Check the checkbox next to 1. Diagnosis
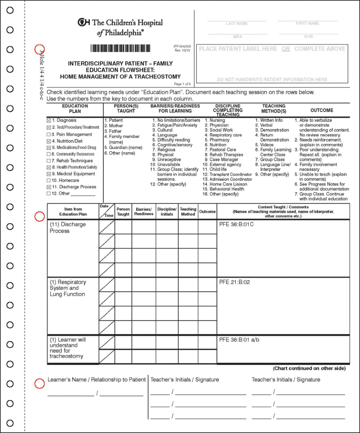point(49,121)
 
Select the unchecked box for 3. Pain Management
point(49,135)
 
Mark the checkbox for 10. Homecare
point(49,181)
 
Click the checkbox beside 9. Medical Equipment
point(49,174)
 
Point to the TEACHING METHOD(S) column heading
point(274,109)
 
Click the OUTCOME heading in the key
point(321,110)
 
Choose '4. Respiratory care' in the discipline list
point(223,135)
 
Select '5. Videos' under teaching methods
point(264,145)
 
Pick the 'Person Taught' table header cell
point(123,211)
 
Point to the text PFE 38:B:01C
point(236,225)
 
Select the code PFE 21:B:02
point(234,282)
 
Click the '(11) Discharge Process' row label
point(67,228)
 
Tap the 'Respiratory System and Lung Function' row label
point(67,288)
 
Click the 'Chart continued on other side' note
point(309,368)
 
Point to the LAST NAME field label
point(237,23)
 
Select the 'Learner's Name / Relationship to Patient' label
point(96,379)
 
